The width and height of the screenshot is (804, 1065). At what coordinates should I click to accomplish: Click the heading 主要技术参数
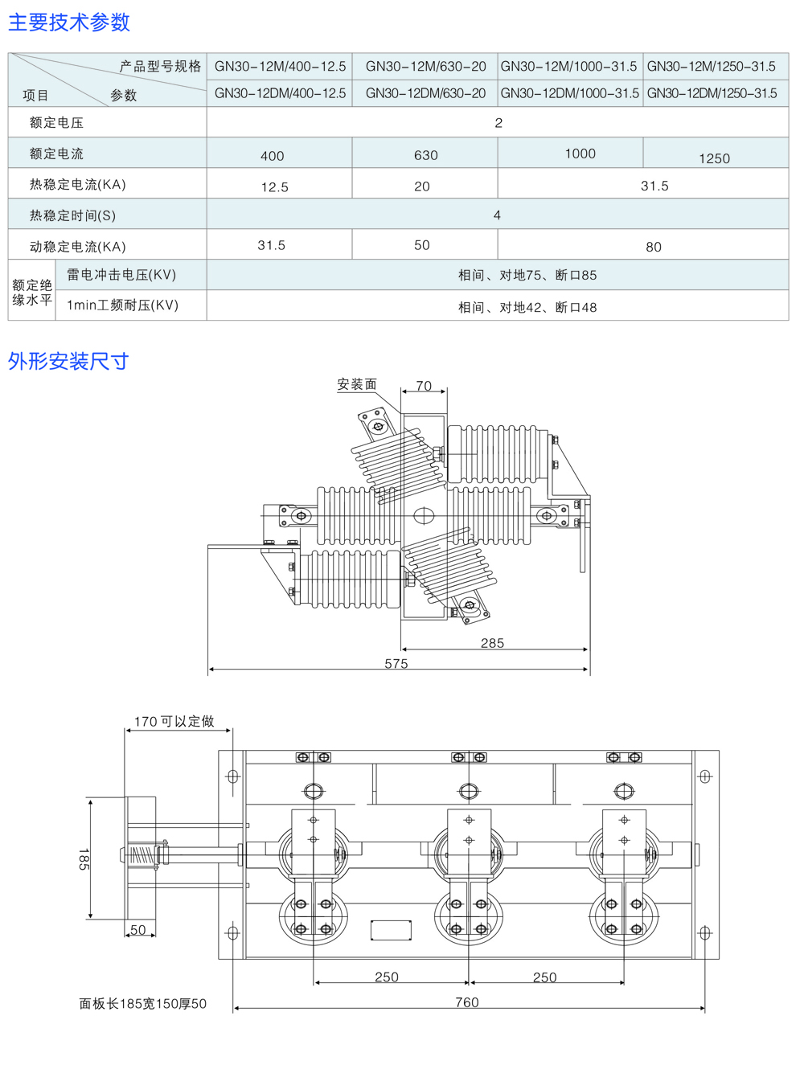click(x=69, y=23)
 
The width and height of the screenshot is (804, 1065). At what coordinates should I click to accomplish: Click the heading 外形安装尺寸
click(x=68, y=362)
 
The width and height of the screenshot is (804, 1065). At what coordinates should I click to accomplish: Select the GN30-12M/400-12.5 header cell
click(x=280, y=67)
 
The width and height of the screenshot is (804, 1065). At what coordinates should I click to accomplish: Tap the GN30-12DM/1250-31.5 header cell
click(x=712, y=93)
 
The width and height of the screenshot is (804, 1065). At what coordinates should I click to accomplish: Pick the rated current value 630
click(x=425, y=155)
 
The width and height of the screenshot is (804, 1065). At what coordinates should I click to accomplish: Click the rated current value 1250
click(x=714, y=158)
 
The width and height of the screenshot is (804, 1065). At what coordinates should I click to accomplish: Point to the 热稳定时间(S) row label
click(x=72, y=215)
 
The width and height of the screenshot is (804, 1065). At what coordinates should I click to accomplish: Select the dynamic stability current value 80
click(x=654, y=247)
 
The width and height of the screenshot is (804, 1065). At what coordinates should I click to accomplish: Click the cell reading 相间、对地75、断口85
click(x=527, y=275)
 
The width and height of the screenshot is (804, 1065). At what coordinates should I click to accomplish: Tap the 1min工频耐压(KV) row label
click(x=122, y=305)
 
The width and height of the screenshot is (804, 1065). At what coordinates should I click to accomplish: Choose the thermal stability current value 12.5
click(x=274, y=187)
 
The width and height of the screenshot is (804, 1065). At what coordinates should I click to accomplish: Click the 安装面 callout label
click(x=357, y=384)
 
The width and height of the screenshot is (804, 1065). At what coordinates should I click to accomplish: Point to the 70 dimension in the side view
click(x=424, y=386)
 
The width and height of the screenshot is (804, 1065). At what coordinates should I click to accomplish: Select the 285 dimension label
click(x=492, y=643)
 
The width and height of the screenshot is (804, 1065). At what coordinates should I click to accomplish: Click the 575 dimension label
click(x=396, y=664)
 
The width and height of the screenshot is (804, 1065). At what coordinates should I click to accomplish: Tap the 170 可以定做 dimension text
click(x=174, y=721)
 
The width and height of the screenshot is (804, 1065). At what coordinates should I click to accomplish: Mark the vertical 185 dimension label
click(x=83, y=858)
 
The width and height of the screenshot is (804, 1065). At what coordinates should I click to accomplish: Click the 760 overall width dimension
click(x=467, y=1002)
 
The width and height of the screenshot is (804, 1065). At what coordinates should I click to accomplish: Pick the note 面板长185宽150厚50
click(x=142, y=1004)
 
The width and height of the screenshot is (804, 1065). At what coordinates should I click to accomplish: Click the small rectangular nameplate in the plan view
click(x=391, y=930)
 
